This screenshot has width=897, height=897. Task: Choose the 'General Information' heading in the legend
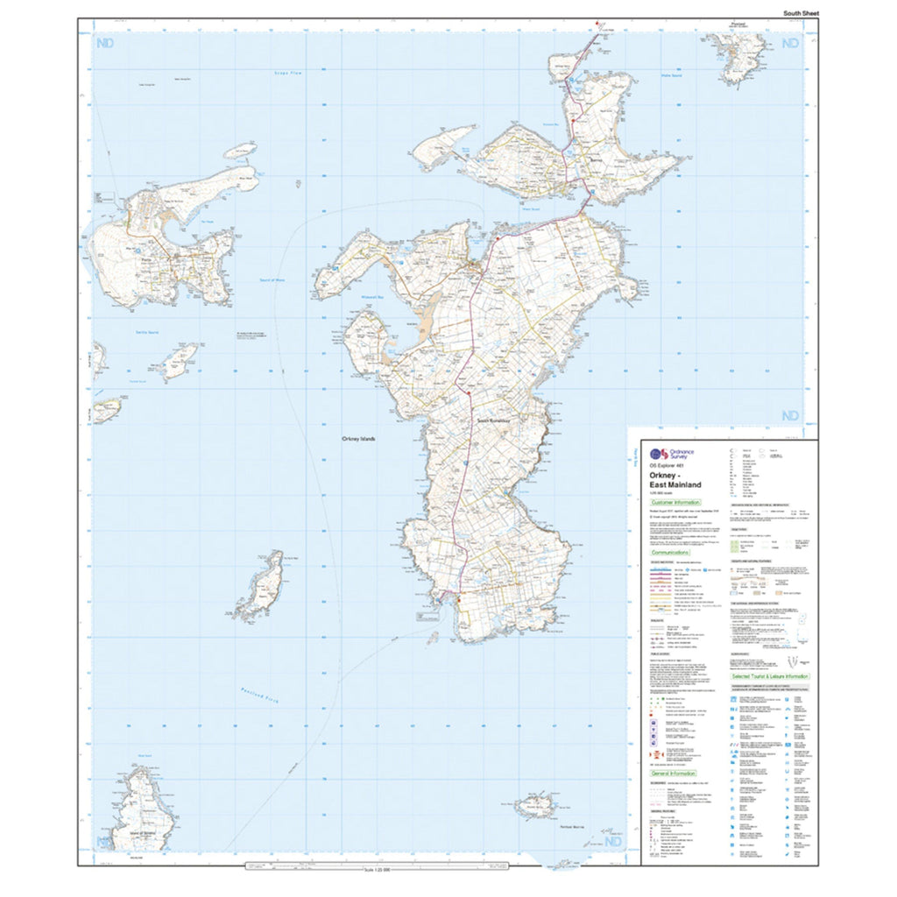pyautogui.click(x=674, y=773)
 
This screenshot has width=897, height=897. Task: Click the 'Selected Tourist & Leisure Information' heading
pyautogui.click(x=770, y=676)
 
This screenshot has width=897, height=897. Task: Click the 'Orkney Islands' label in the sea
pyautogui.click(x=357, y=439)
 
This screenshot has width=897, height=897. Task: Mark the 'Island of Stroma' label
pyautogui.click(x=140, y=834)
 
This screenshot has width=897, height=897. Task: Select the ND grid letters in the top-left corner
pyautogui.click(x=105, y=42)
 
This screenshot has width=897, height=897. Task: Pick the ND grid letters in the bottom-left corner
pyautogui.click(x=104, y=842)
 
